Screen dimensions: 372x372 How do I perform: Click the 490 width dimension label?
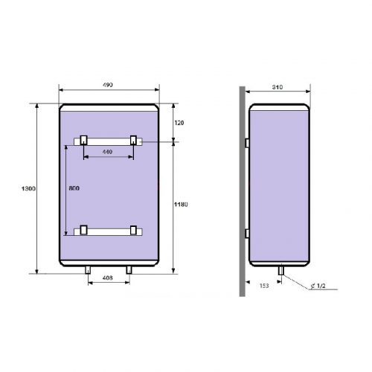[x=108, y=85]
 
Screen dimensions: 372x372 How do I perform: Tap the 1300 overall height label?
[x=28, y=188]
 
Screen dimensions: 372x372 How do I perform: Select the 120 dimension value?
[x=179, y=123]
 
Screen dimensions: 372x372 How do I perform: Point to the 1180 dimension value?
[x=181, y=205]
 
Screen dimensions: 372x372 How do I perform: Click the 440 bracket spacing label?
[x=108, y=152]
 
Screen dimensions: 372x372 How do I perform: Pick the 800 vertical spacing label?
[x=74, y=188]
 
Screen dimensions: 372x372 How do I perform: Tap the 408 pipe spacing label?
[x=108, y=278]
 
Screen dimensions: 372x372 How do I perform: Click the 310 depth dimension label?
[x=278, y=87]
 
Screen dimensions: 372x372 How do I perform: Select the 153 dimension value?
[x=264, y=286]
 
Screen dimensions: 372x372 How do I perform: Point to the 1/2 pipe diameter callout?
[x=318, y=286]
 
